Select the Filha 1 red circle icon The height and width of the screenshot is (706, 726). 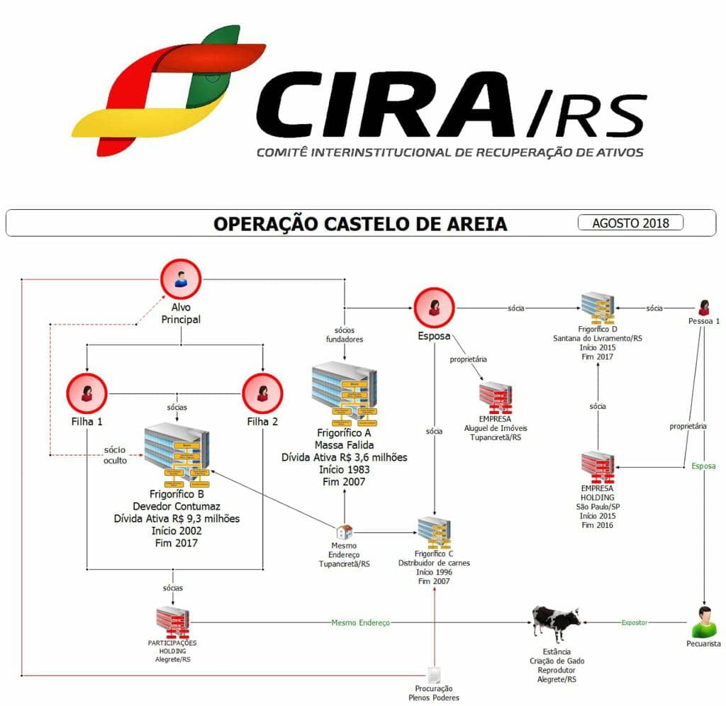click(86, 393)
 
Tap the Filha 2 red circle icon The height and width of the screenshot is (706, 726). click(262, 393)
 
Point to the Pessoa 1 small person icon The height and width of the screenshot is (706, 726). click(704, 307)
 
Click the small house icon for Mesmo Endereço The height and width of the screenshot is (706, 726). click(345, 532)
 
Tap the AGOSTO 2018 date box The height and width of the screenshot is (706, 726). click(631, 223)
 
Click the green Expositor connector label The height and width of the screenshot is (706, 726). click(635, 622)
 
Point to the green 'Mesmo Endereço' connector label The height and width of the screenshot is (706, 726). click(360, 622)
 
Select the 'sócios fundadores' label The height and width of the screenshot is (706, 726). click(345, 335)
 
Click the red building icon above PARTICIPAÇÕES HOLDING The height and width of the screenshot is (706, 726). click(172, 622)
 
